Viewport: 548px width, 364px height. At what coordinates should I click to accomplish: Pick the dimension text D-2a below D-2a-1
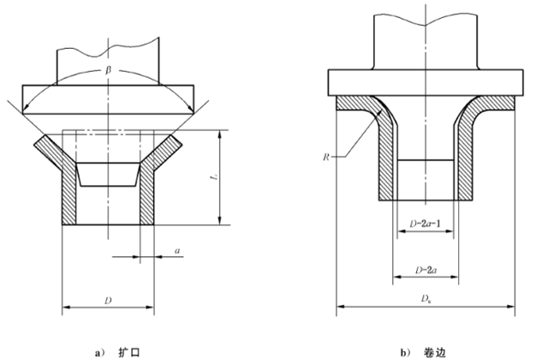tap(426, 270)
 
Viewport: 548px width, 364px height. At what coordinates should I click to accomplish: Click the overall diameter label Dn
tap(426, 298)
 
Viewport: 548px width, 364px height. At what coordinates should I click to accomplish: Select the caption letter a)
tap(99, 352)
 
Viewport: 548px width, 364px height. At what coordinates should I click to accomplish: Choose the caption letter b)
tap(403, 352)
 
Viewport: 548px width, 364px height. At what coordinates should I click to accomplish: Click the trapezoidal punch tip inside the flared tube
tap(108, 173)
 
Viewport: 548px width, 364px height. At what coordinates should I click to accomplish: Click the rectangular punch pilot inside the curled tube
tap(425, 178)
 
